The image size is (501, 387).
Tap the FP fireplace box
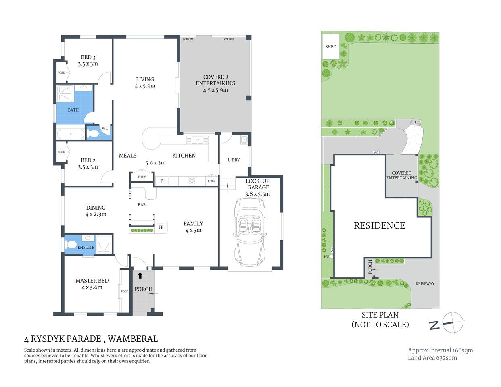(161, 227)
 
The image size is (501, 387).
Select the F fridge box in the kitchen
(162, 181)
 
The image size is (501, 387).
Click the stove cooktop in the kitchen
(192, 181)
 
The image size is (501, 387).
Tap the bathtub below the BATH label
(71, 134)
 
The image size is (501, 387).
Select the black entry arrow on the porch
(140, 275)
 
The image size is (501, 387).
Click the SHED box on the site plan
(331, 46)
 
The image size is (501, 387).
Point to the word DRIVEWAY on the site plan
(425, 283)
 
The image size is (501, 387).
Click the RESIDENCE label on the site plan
(379, 225)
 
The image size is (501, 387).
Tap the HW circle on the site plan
(331, 256)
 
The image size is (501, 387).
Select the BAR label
(142, 204)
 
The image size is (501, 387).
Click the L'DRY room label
(234, 160)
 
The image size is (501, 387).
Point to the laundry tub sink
(244, 140)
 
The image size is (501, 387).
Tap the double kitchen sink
(197, 140)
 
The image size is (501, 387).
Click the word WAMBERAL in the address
(133, 339)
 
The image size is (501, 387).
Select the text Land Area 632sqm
(432, 358)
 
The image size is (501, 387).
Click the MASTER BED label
(92, 281)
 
